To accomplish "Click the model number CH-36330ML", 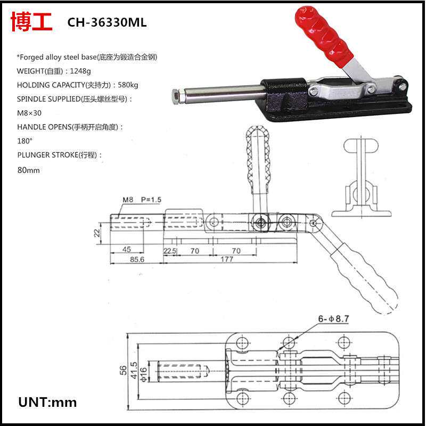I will [106, 23].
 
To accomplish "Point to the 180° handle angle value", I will [25, 141].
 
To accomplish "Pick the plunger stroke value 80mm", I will [29, 170].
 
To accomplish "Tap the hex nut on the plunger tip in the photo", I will [176, 96].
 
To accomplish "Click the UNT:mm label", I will [47, 402].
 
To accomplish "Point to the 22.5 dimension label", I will [170, 250].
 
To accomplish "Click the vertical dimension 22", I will [97, 233].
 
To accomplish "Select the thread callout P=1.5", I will [151, 200].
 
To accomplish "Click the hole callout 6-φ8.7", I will [333, 319].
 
